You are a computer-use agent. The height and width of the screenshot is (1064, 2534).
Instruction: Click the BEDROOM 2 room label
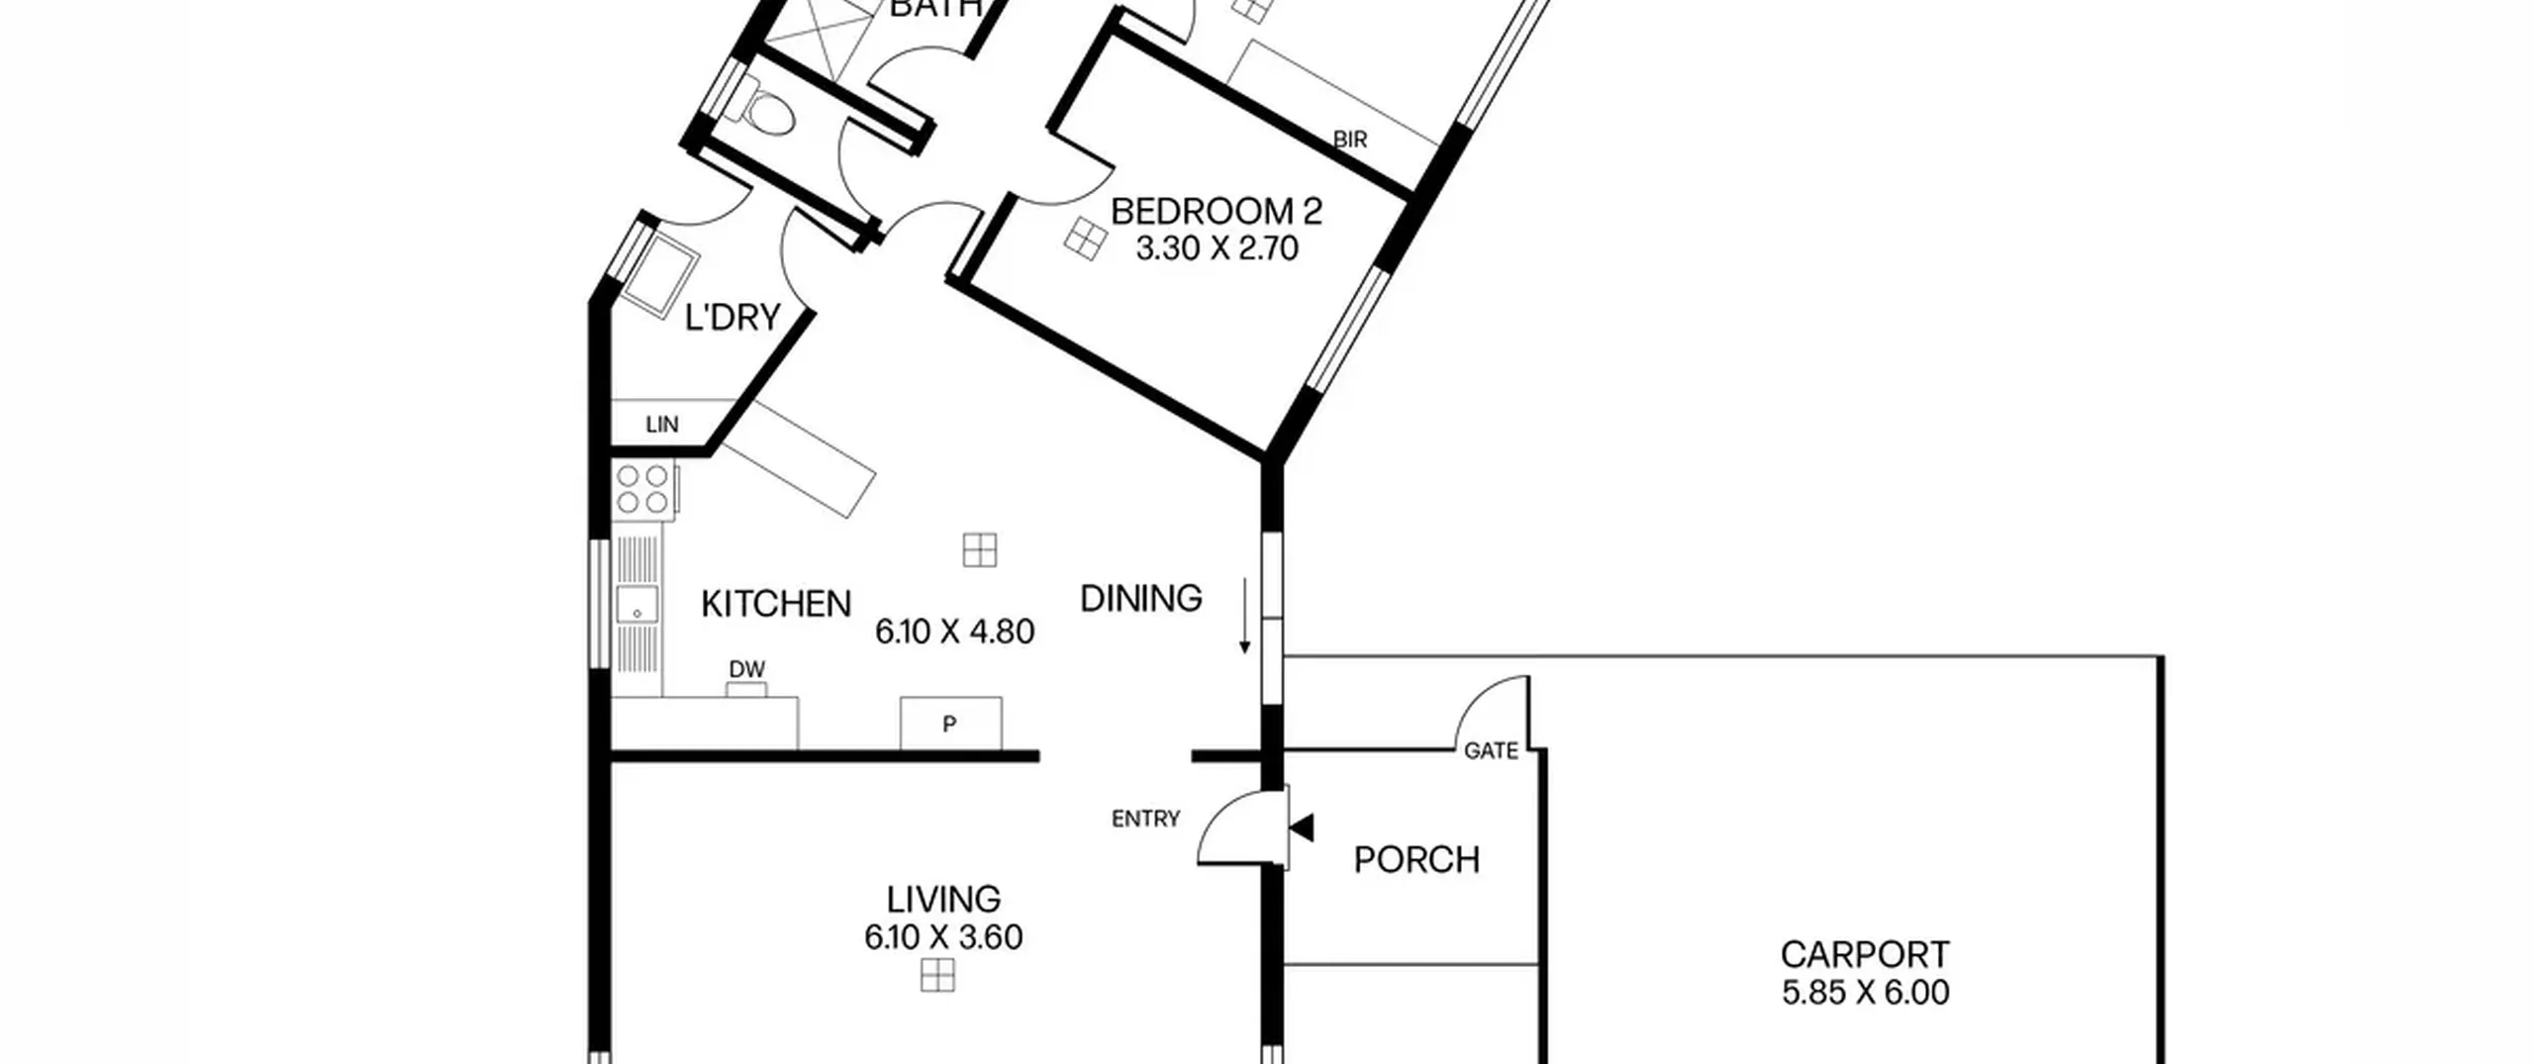(x=1216, y=212)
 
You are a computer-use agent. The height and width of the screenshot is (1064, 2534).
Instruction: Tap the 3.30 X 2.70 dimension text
(x=1217, y=248)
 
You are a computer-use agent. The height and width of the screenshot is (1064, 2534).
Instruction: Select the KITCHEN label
(x=776, y=604)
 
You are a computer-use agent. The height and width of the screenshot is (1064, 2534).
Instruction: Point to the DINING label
(x=1140, y=599)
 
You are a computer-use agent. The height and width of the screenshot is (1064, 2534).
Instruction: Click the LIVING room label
(x=943, y=900)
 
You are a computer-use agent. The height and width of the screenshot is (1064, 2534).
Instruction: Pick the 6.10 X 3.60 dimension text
(x=943, y=937)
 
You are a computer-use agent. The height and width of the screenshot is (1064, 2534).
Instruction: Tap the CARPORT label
(x=1865, y=955)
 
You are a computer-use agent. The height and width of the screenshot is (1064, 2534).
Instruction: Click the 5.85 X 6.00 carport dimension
(x=1866, y=993)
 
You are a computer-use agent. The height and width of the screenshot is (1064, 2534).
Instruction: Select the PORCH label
(x=1416, y=860)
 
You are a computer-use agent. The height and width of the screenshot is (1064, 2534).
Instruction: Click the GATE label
(x=1491, y=751)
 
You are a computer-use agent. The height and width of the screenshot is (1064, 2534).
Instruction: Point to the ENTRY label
(x=1145, y=819)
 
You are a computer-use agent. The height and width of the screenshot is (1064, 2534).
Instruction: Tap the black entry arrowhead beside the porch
(x=1302, y=827)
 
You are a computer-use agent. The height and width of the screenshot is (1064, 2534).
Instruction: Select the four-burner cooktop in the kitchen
(x=643, y=490)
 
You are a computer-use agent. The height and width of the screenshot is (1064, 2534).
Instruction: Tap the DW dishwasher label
(x=747, y=669)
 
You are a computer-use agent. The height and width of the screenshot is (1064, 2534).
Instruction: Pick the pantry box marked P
(x=950, y=724)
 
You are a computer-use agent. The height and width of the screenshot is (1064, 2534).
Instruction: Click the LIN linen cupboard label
(x=662, y=425)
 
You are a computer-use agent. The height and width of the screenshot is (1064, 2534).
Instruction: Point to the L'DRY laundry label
(x=732, y=318)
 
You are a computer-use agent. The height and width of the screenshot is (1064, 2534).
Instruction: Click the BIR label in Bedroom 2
(x=1350, y=140)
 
